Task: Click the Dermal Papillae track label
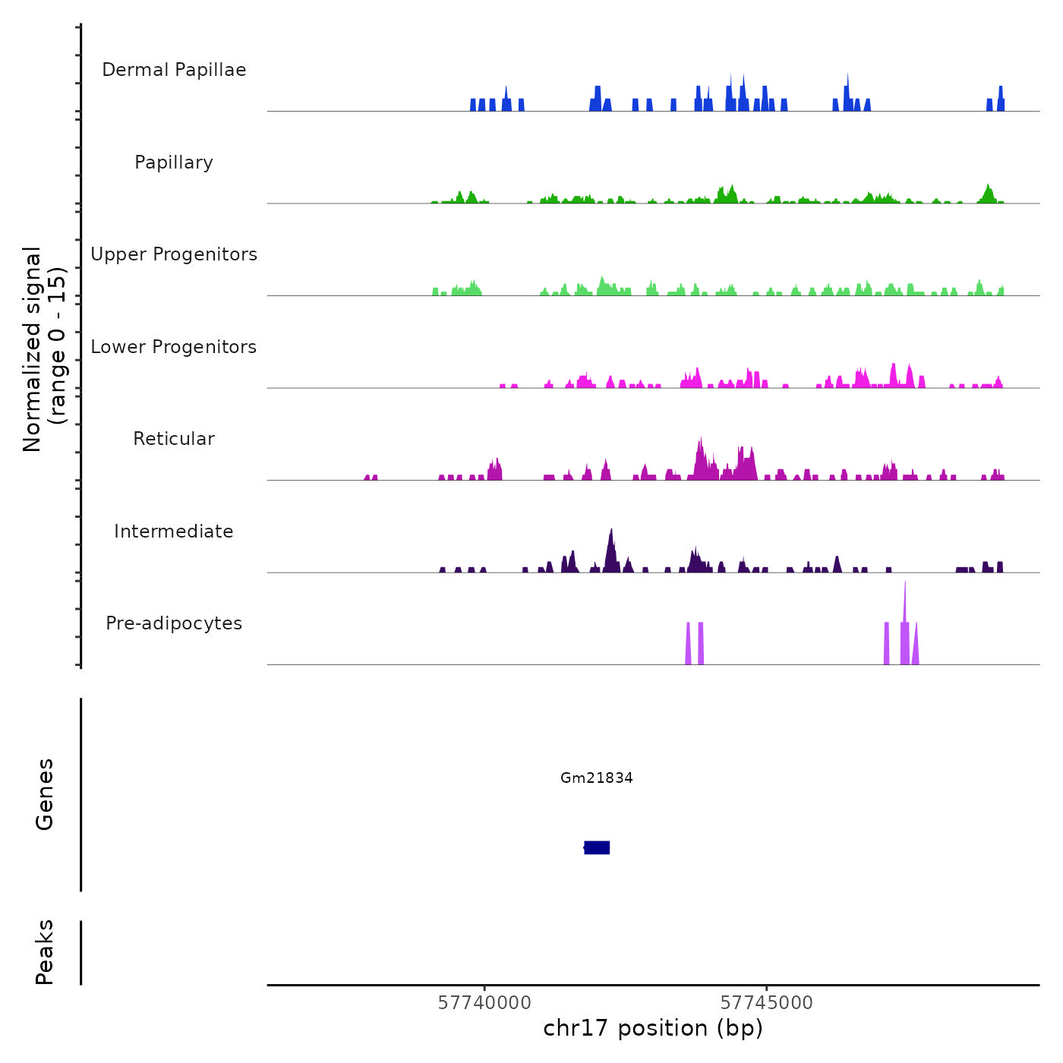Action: (174, 70)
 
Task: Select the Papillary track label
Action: (174, 162)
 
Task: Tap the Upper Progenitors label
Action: (174, 254)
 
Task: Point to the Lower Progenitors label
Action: (174, 347)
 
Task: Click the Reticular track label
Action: (174, 439)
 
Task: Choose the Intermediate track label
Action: (174, 531)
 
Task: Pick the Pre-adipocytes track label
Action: (174, 623)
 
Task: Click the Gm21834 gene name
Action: (597, 778)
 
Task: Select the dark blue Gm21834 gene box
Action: (598, 847)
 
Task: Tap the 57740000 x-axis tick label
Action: (484, 1003)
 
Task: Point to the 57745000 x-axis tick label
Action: (766, 1003)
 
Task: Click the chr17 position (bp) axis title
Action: (653, 1028)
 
